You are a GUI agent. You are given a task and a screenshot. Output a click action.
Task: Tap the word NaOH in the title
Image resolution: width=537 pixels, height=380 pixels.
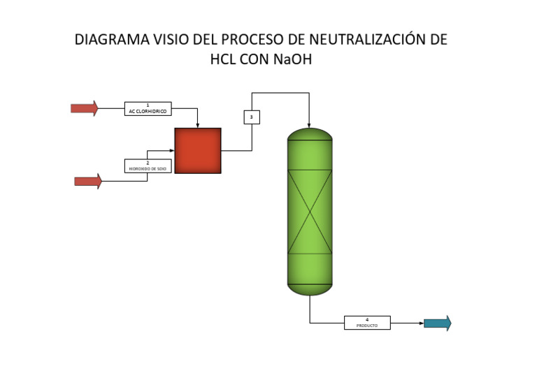tap(292, 60)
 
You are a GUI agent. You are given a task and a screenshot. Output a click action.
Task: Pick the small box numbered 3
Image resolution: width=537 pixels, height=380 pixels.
tap(252, 117)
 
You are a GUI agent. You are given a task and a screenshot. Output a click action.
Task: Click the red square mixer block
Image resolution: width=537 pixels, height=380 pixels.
tap(198, 150)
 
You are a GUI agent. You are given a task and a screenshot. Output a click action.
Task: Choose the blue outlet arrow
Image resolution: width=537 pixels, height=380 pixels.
tap(438, 323)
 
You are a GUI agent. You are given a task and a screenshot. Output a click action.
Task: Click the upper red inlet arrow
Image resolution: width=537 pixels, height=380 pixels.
tap(85, 108)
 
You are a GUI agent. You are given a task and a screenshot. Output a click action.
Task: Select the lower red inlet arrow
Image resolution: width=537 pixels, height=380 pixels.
tap(88, 182)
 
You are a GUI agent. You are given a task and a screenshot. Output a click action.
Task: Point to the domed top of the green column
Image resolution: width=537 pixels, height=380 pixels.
tap(310, 133)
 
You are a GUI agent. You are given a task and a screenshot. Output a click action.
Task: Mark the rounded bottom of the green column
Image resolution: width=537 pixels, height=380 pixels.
tap(310, 288)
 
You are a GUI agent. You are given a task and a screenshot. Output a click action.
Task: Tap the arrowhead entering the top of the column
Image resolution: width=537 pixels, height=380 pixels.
tap(310, 122)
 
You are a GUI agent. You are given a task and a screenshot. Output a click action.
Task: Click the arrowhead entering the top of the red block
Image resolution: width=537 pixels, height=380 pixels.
tap(198, 125)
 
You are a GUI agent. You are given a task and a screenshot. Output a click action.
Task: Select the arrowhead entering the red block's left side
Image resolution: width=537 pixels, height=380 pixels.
tap(171, 150)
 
